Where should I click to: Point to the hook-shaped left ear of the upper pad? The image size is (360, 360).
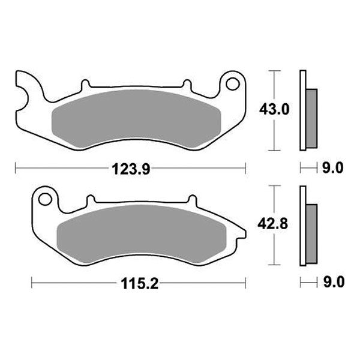(x=27, y=90)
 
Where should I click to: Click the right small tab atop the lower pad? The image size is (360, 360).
(x=191, y=199)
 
